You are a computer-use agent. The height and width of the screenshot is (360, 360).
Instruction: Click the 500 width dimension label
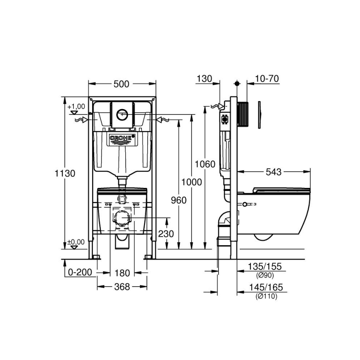pos(121,84)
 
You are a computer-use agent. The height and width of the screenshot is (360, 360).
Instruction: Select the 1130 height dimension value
pos(65,173)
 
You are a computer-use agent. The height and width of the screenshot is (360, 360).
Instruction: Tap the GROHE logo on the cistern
pos(122,138)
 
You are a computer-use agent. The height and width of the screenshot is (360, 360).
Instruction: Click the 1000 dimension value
pos(191,182)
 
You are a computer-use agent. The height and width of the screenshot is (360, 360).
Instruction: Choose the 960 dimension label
pos(178,200)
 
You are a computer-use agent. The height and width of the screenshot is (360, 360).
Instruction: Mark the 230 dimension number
pos(165,234)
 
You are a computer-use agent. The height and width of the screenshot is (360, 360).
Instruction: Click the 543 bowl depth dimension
pos(274,171)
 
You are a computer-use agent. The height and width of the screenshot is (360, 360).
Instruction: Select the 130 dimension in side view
pos(204,78)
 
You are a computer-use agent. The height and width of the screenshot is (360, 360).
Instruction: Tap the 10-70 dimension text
pos(267,78)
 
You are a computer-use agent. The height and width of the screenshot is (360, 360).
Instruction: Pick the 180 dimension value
pos(122,273)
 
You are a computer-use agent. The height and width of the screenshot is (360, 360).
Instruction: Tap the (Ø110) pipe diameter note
pos(266,296)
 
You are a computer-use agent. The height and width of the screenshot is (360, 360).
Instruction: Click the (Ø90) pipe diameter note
pos(265,275)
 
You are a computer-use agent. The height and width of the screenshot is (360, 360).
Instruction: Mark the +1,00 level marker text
pos(77,107)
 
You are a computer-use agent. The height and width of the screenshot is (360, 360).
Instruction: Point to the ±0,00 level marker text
pos(77,242)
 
